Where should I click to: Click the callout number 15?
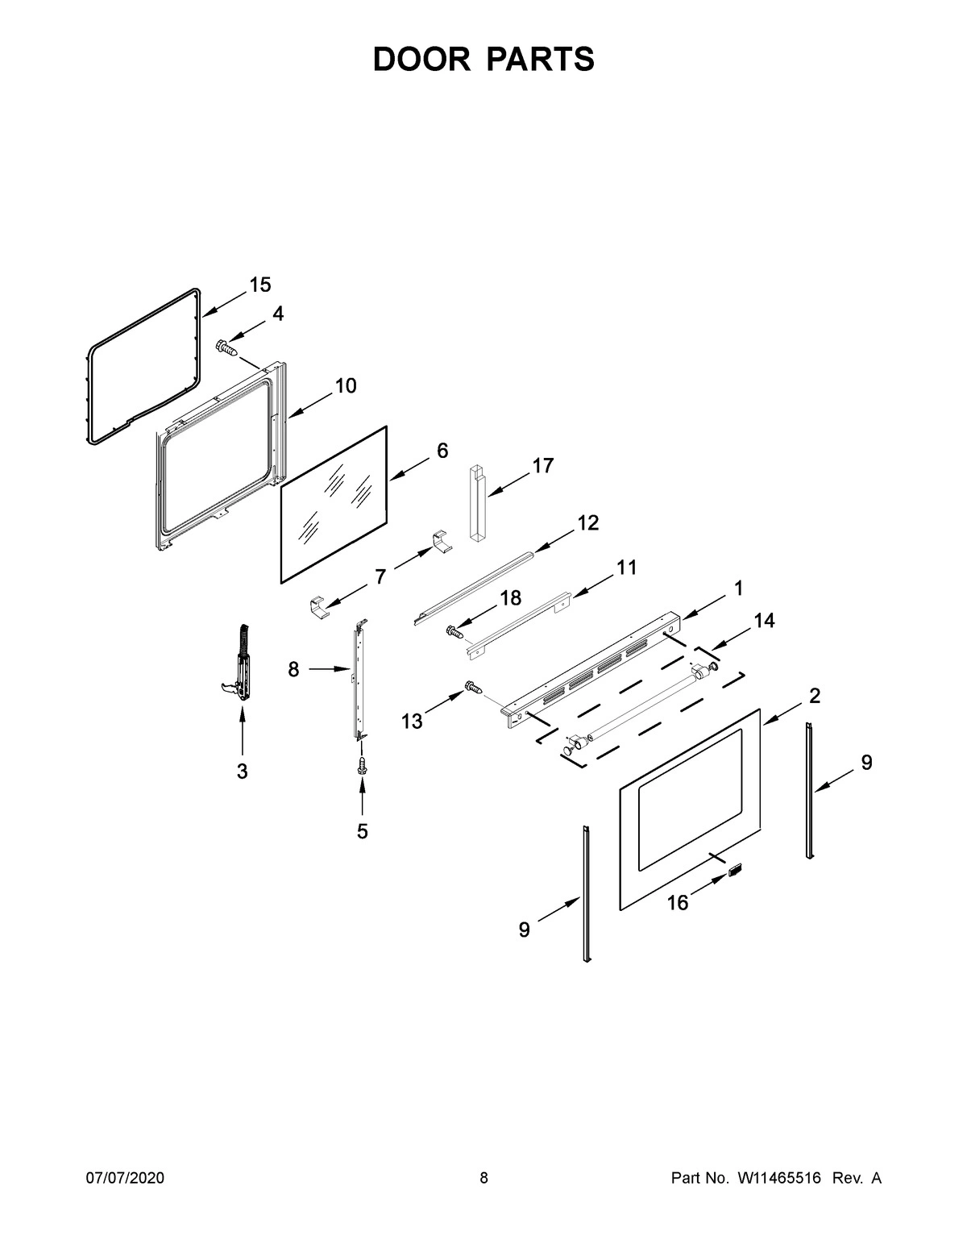[259, 285]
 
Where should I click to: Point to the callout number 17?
[543, 465]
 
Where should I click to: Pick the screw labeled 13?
[473, 688]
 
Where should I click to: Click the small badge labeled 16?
[734, 870]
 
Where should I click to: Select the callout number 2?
[815, 696]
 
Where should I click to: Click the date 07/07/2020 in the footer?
[125, 1179]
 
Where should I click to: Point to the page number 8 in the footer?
[483, 1179]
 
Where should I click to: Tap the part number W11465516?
[778, 1179]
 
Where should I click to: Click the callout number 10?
[345, 386]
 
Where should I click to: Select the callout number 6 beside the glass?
[442, 451]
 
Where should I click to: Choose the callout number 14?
[764, 620]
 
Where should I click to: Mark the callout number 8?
[293, 669]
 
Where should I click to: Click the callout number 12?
[587, 523]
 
